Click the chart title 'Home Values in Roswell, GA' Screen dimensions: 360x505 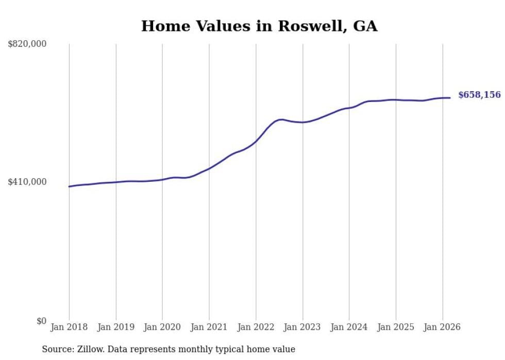point(259,26)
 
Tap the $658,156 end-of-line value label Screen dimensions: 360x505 point(479,95)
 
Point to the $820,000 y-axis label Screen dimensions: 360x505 point(27,44)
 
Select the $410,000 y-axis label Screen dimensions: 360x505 point(27,182)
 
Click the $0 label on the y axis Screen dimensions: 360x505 point(41,321)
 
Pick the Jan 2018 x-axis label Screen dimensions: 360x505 point(69,327)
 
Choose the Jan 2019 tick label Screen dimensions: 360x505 point(116,327)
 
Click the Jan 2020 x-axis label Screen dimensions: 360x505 point(162,327)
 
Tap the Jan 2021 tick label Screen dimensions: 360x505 point(209,327)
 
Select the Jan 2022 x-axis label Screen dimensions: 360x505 point(256,327)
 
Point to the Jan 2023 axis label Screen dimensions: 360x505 point(302,327)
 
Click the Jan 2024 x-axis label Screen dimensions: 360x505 point(349,327)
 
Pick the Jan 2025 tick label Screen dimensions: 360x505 point(396,327)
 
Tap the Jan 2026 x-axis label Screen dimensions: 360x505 point(442,327)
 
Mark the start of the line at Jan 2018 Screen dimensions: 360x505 point(70,186)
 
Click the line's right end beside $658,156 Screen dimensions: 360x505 point(450,98)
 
